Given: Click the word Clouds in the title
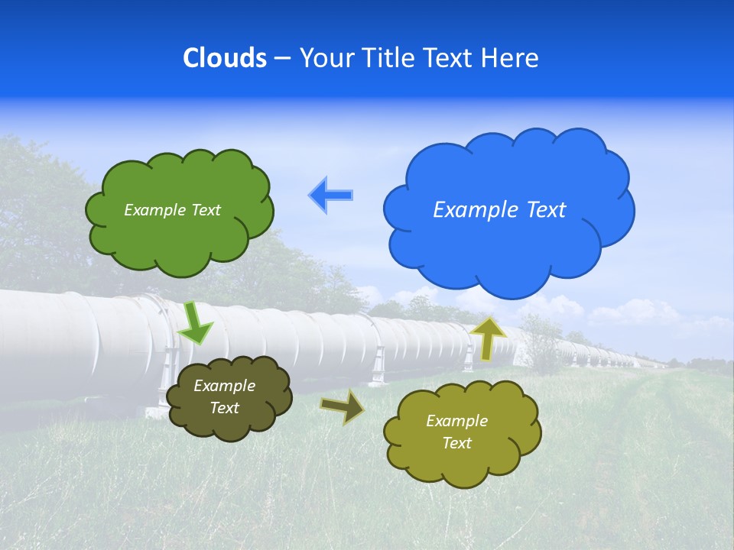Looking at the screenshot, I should tap(225, 58).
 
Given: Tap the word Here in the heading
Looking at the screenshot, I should tap(509, 58).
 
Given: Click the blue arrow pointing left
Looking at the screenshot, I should tap(330, 196).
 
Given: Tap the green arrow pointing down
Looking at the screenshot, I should tap(196, 323).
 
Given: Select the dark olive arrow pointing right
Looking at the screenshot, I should tap(343, 407).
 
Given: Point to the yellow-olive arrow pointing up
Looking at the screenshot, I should tap(487, 338).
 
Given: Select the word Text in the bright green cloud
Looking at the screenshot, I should tap(206, 210).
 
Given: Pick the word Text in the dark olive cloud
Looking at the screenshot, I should tap(225, 408).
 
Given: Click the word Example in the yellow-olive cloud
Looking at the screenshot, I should tap(456, 421).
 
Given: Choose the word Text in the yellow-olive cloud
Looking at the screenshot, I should tap(456, 443).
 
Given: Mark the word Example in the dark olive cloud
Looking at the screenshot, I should tap(225, 386).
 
